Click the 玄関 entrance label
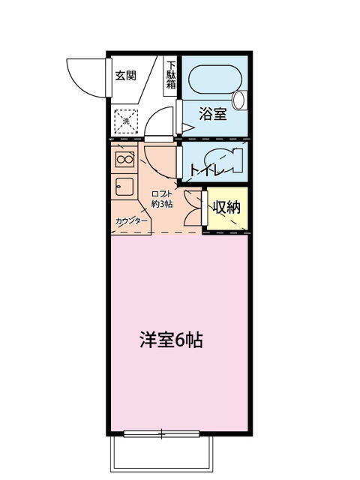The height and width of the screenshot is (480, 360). [126, 75]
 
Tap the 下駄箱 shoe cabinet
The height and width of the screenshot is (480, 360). [171, 76]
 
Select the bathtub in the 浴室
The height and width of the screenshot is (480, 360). [215, 79]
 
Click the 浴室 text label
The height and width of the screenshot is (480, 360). [213, 114]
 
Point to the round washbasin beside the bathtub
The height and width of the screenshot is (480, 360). [238, 100]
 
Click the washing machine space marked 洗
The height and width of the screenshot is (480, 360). [126, 121]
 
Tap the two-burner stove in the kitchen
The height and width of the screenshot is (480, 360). [125, 159]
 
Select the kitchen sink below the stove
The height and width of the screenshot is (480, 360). [124, 187]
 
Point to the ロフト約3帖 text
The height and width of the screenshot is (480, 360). [162, 199]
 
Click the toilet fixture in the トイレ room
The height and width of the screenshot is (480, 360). [222, 160]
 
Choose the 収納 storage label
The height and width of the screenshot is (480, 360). [226, 208]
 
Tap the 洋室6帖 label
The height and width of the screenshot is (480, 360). [172, 340]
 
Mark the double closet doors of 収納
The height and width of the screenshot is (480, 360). [193, 208]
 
